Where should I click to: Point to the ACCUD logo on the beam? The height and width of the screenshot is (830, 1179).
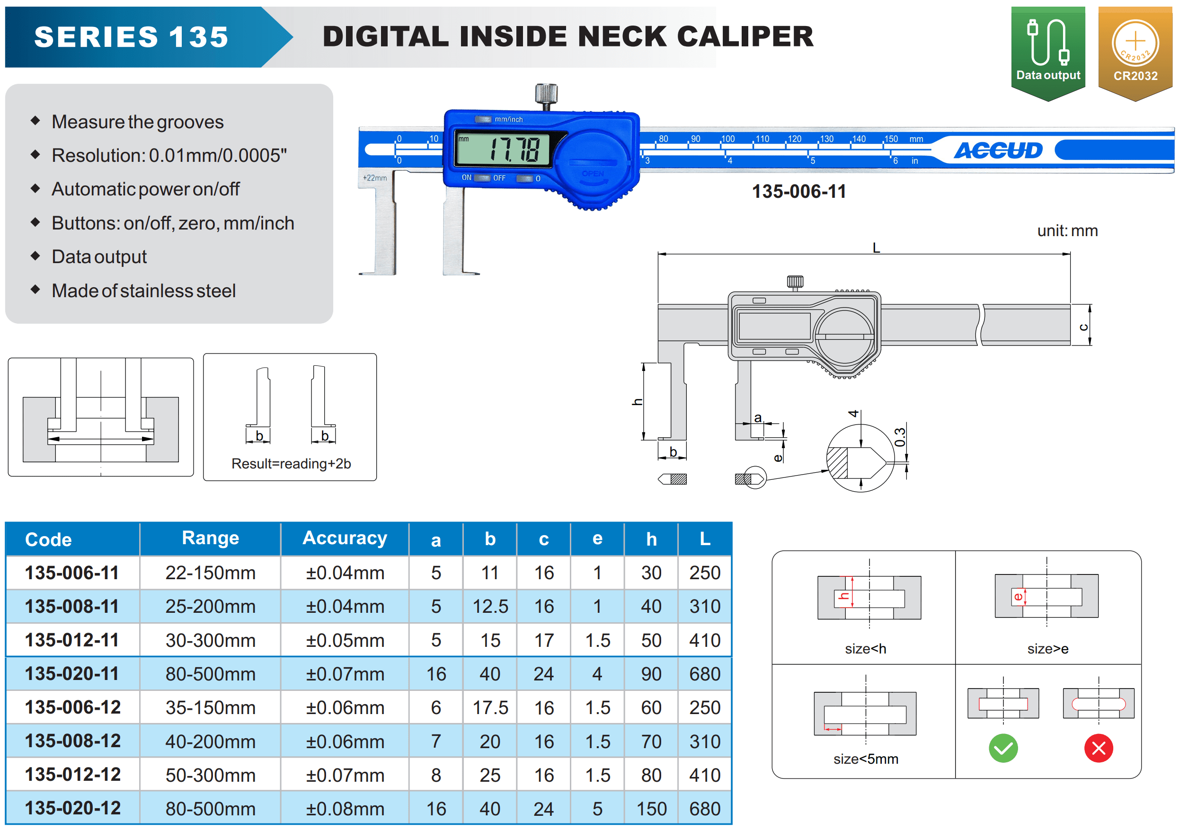(999, 150)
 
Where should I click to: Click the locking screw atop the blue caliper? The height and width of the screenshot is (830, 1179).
(546, 95)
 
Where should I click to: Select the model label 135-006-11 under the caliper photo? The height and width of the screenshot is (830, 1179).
(799, 192)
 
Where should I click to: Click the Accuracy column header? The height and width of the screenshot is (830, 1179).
(345, 538)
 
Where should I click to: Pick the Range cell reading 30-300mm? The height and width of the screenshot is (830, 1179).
(210, 640)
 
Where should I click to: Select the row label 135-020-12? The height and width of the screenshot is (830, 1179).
(72, 808)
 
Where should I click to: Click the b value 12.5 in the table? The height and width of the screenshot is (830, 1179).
(490, 607)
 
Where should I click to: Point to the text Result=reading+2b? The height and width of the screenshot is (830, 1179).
(291, 464)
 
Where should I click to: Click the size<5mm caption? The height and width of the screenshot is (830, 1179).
(866, 759)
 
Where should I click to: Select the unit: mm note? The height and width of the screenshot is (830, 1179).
(1067, 230)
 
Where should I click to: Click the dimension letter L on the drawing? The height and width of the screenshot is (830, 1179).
(876, 248)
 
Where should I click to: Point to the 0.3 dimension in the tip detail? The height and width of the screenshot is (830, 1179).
(899, 437)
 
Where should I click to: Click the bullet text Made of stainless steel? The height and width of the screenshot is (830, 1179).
(144, 291)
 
